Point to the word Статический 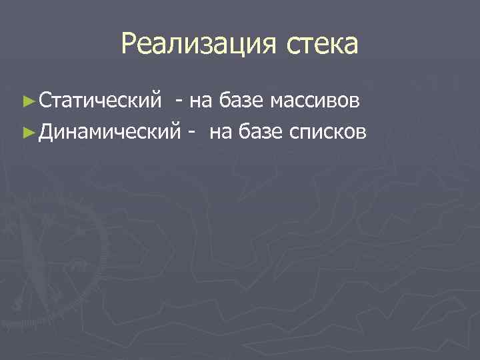pos(100,101)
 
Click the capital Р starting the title pos(129,44)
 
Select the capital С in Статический pos(44,101)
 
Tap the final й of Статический pos(157,101)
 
